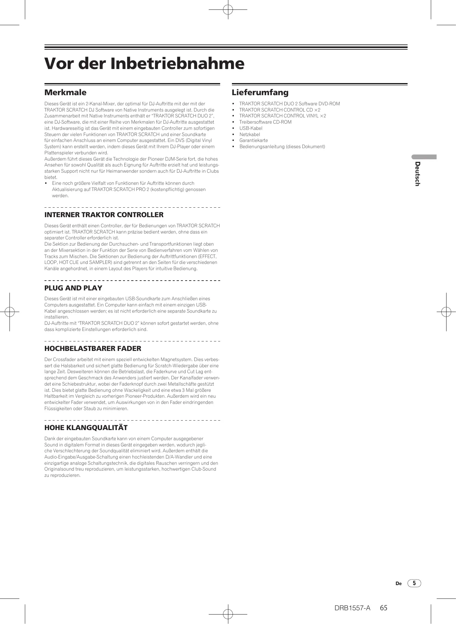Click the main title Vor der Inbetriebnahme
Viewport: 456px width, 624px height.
tap(144, 63)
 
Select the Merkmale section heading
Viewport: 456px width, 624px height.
tap(65, 93)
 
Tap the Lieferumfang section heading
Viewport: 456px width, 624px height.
tap(260, 93)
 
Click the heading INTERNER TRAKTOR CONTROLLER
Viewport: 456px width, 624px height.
tap(104, 215)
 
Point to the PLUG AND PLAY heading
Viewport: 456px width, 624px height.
tap(73, 288)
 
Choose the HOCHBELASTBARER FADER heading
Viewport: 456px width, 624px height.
tap(93, 349)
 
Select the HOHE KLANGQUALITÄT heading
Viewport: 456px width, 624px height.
tap(86, 428)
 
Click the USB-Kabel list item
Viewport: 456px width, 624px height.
tap(251, 128)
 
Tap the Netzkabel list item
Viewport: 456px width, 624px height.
tap(250, 134)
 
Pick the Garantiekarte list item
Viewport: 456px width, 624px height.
tap(254, 140)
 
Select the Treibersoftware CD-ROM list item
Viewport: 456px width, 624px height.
tap(265, 122)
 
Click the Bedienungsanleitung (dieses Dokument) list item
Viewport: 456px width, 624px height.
tap(282, 147)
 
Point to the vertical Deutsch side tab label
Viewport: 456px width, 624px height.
tap(417, 174)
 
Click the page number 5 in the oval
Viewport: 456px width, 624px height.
tap(414, 583)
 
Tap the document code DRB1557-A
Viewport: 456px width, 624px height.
tap(352, 608)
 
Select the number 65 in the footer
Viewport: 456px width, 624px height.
tap(384, 608)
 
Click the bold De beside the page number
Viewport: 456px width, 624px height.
tap(398, 583)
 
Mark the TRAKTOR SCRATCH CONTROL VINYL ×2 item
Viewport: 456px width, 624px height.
tap(283, 116)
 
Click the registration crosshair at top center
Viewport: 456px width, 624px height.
tap(228, 10)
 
